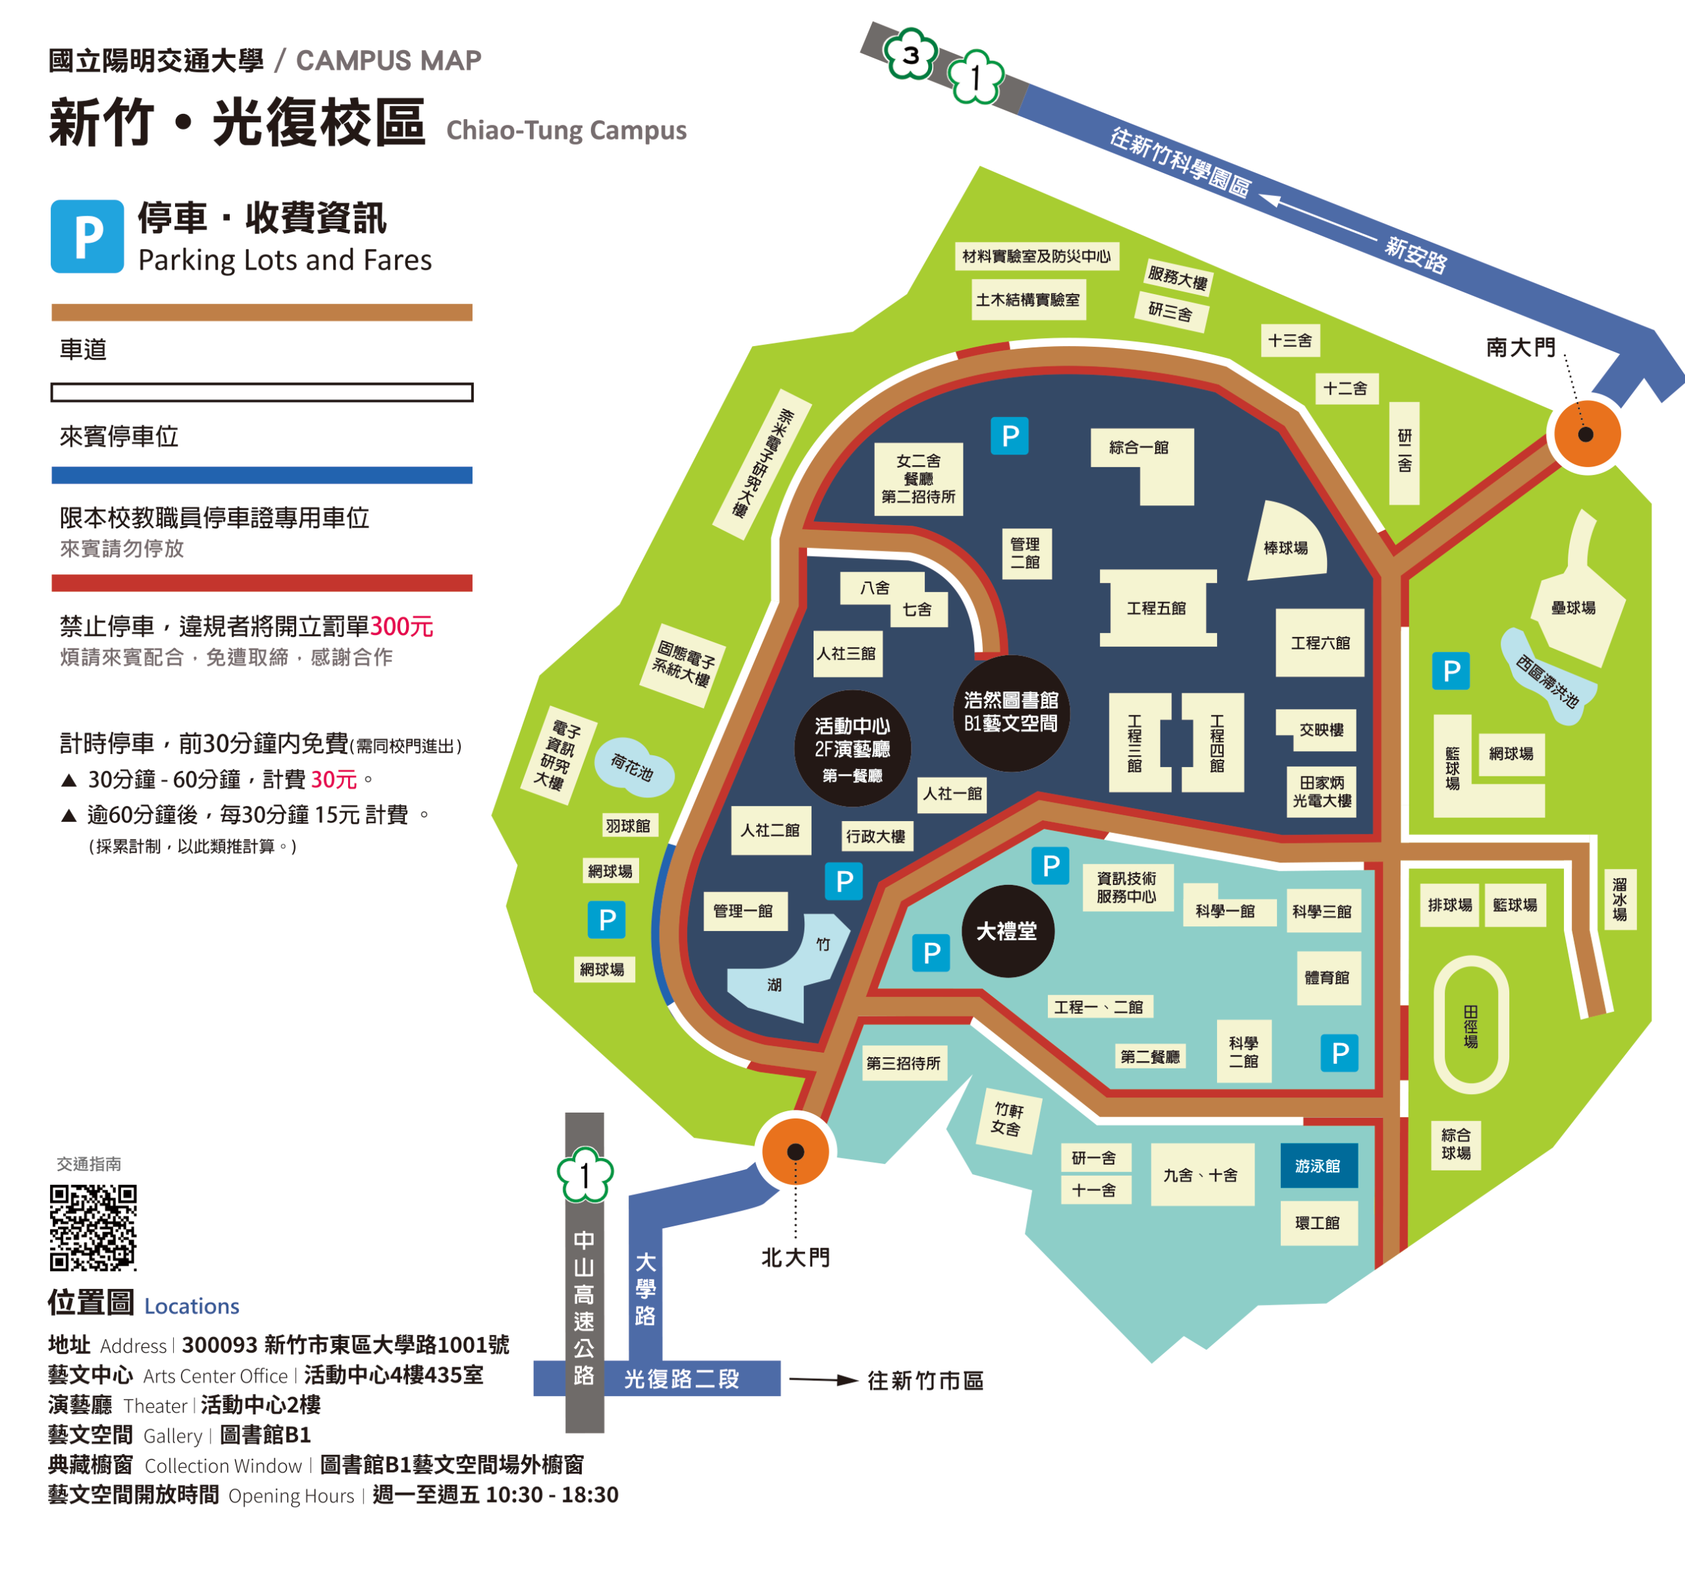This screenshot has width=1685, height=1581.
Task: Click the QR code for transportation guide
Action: point(93,1227)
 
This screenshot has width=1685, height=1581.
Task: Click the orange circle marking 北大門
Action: point(795,1151)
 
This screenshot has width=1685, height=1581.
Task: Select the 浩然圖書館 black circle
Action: point(1010,713)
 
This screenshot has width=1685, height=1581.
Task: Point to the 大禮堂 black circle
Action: point(1007,931)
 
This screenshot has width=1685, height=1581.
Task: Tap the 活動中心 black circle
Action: point(852,748)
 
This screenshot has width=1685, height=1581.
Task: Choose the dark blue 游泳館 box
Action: point(1318,1166)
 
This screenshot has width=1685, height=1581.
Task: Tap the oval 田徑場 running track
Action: point(1470,1024)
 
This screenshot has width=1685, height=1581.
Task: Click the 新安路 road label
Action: point(1416,254)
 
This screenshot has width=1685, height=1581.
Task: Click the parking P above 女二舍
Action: point(1010,436)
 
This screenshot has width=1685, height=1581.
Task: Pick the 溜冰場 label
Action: point(1619,899)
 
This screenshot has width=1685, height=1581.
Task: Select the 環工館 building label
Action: point(1318,1222)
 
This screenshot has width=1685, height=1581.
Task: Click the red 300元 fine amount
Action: point(402,626)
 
